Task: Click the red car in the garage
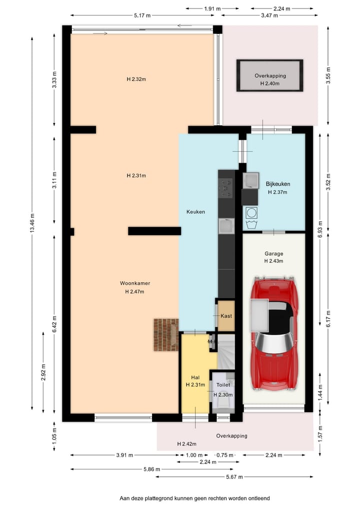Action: [274, 334]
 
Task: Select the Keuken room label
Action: [195, 212]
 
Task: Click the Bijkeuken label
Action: [278, 184]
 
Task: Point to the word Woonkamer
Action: [135, 283]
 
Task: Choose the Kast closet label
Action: [226, 316]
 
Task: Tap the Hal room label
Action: [195, 377]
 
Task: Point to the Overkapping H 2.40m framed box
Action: [270, 75]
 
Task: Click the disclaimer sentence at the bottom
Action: [194, 498]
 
